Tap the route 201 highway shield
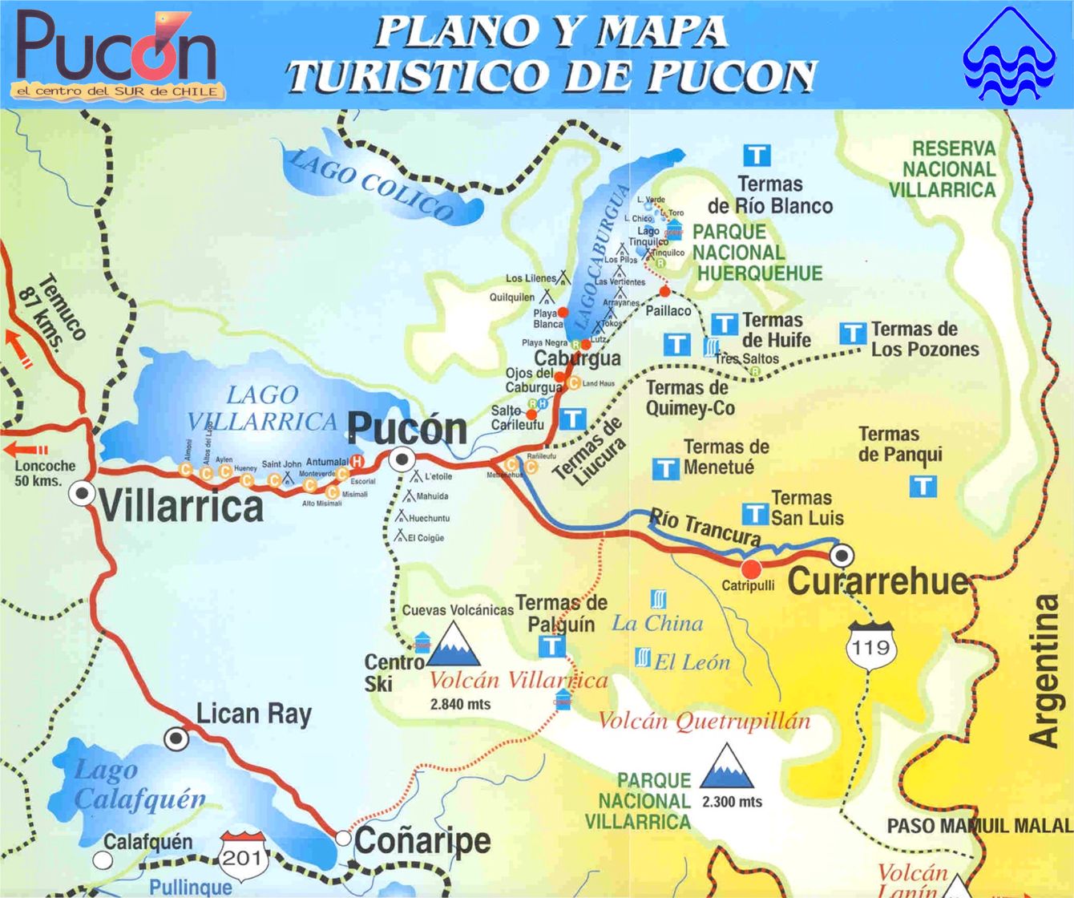pos(242,856)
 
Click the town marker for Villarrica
pos(82,493)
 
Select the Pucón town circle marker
pos(402,460)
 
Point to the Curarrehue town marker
pos(842,555)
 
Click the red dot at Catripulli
pos(751,568)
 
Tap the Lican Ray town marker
pos(176,738)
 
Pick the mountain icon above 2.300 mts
pos(727,767)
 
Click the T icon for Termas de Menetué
pos(665,469)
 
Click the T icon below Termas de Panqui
pos(923,486)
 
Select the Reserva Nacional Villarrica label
pos(943,169)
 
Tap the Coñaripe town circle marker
pos(343,838)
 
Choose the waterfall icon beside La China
pos(658,599)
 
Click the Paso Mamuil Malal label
pos(979,826)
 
